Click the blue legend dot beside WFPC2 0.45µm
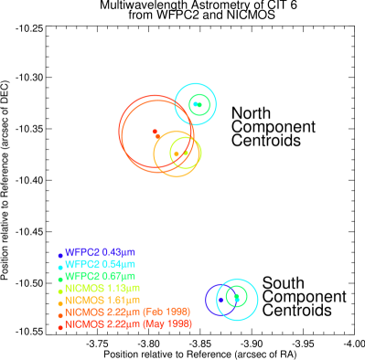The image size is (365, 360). [60, 255]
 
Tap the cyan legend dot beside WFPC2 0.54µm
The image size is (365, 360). [60, 267]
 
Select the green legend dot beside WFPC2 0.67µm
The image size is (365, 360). [60, 279]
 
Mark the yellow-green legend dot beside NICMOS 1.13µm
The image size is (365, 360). [60, 291]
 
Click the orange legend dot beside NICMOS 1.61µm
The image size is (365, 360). [60, 302]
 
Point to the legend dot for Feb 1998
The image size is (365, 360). [60, 314]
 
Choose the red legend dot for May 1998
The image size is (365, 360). [60, 326]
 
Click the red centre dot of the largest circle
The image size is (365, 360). [154, 132]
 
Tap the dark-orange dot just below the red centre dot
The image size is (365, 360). [158, 136]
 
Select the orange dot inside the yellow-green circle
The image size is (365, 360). [177, 154]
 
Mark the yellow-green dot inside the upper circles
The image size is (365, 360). [186, 153]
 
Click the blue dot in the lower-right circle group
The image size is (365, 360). [220, 299]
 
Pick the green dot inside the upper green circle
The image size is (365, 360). [196, 104]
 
